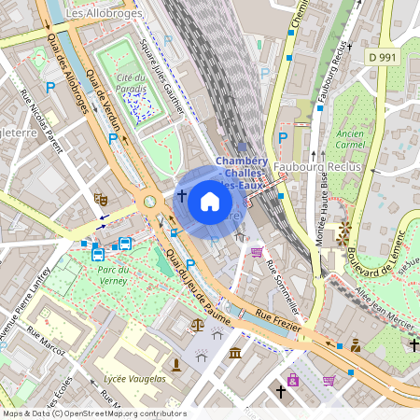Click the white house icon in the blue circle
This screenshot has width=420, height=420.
point(210,202)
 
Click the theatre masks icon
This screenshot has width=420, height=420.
point(101,199)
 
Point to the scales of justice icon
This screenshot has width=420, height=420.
point(197,326)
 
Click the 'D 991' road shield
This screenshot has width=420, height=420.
point(383,58)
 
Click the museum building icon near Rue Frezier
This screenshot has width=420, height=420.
point(235,353)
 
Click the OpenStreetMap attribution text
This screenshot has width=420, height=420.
point(93,413)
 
